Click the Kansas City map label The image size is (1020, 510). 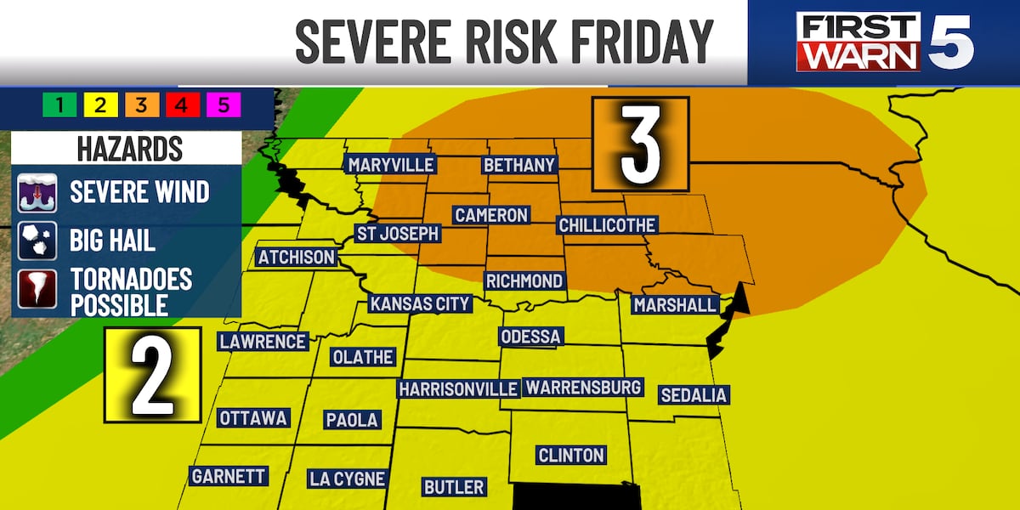point(419,303)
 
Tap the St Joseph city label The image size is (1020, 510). point(397,233)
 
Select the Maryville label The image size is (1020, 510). point(390,164)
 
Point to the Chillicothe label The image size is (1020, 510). point(607,225)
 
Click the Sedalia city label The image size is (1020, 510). point(694,394)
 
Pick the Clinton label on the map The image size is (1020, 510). point(571,456)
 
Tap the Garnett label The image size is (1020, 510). point(228,476)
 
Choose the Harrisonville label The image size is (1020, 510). point(458,388)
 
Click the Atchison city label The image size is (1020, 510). point(297,257)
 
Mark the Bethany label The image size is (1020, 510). point(518,164)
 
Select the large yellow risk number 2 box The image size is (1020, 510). point(153,375)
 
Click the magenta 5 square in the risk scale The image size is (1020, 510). point(224,105)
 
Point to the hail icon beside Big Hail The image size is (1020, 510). point(38,241)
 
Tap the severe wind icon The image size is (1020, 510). point(38,192)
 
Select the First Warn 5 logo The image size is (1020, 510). point(884,42)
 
